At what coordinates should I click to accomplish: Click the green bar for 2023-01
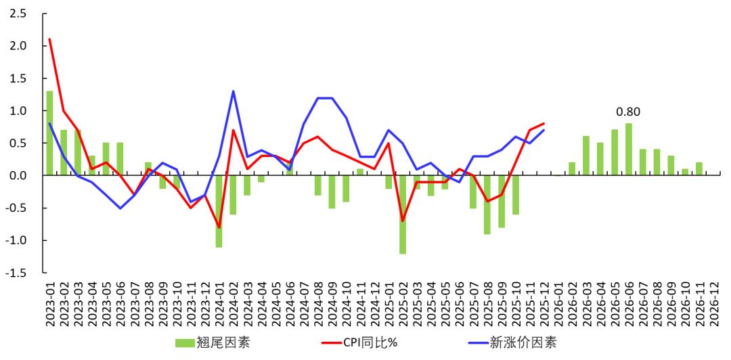[x=49, y=133]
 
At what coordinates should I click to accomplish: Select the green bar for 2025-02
[x=403, y=214]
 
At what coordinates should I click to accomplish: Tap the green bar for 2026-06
[x=629, y=149]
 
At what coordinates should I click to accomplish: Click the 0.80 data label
[x=627, y=112]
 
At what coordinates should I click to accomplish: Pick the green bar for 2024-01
[x=219, y=210]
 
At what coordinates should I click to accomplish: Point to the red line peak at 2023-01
[x=49, y=39]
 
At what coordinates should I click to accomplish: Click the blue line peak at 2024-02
[x=233, y=91]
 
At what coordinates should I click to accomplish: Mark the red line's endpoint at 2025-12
[x=544, y=124]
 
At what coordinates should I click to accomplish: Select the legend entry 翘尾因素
[x=213, y=343]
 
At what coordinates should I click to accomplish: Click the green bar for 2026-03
[x=586, y=156]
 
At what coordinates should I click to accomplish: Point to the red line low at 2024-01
[x=219, y=227]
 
